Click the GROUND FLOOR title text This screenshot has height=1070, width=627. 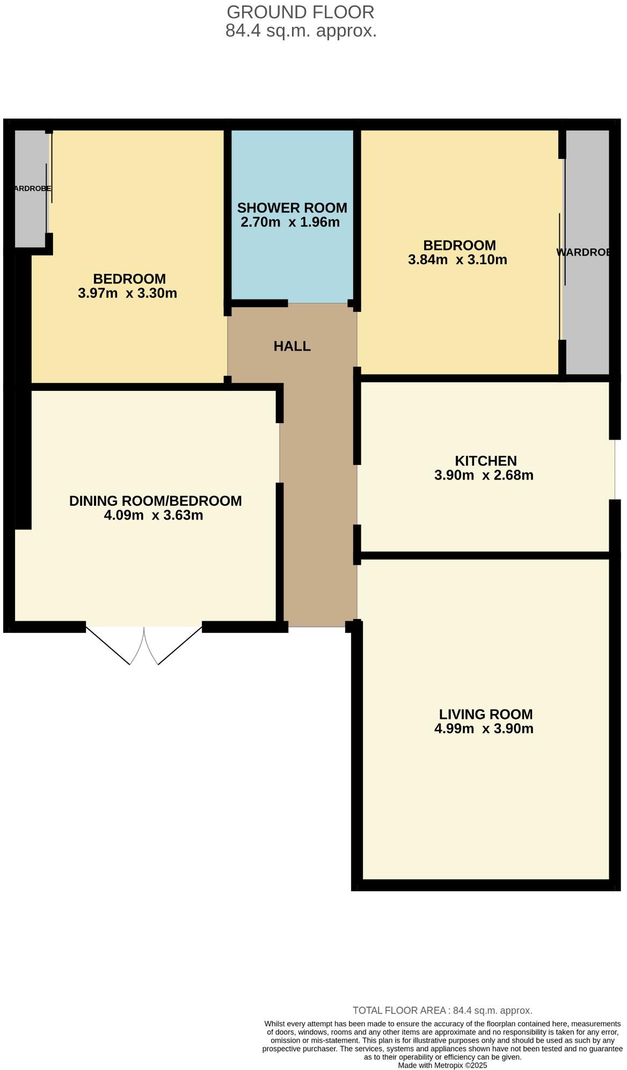point(300,12)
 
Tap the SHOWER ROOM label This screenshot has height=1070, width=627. point(292,208)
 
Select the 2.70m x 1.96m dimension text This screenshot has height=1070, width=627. point(290,222)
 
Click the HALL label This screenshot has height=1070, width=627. point(292,346)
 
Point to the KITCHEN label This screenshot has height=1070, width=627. point(485,461)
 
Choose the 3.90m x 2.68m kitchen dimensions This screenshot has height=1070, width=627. point(483,475)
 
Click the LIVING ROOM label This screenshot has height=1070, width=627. point(485,714)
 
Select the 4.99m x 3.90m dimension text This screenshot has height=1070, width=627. point(483,729)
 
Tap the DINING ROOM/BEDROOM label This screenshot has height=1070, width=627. point(155,501)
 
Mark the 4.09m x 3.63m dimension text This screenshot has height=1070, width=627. point(154,515)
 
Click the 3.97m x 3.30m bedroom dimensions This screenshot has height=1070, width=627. point(127,293)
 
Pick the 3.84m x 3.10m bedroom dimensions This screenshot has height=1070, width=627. point(457,260)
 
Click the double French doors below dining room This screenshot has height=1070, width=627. point(144,644)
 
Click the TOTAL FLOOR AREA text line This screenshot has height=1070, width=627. point(442,1010)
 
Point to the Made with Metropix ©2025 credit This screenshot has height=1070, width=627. point(442,1065)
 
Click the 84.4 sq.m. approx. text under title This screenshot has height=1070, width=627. point(301,31)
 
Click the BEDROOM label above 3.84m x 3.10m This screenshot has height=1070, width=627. point(459,245)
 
